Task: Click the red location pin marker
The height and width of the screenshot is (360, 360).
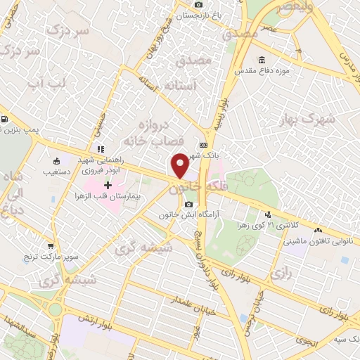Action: (x=180, y=165)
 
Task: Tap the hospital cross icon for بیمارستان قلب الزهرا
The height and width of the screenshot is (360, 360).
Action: (x=108, y=185)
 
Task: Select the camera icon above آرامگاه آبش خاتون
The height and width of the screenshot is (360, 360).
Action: (x=188, y=205)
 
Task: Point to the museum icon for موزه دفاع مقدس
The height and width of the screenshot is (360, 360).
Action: (x=262, y=59)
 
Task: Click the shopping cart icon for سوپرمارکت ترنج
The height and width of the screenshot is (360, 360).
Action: (x=51, y=247)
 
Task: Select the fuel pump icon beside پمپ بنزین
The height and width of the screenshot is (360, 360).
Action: (x=5, y=120)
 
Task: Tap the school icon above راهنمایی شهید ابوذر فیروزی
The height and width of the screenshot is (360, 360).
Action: (x=100, y=149)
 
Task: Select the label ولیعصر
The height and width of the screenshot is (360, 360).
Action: (x=295, y=7)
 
